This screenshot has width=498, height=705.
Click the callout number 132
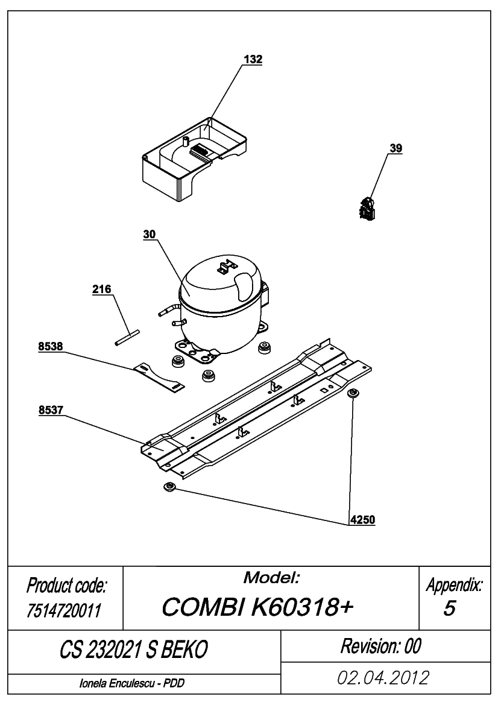pos(253,59)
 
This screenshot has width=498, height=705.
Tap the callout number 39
pos(396,148)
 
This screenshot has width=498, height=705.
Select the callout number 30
pos(150,234)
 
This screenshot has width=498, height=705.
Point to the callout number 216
pos(101,289)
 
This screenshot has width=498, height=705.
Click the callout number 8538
pos(50,346)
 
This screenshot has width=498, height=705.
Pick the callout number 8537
pos(50,409)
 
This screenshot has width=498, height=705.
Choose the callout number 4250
pos(362,520)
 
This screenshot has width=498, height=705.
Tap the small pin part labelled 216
pos(127,338)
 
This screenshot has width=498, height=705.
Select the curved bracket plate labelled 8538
pos(159,377)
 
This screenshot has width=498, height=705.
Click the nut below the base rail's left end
pos(170,487)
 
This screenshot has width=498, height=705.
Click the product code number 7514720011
pos(64,610)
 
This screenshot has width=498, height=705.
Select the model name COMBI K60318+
pos(257,607)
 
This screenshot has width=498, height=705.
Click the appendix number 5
pos(449,608)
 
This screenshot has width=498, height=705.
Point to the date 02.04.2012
pos(383,677)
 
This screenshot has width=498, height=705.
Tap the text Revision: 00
pos(381,646)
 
